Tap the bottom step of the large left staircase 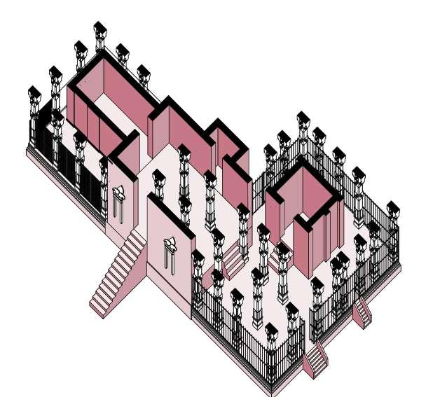point(99,306)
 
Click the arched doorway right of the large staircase point(168,256)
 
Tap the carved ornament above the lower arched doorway point(170,243)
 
